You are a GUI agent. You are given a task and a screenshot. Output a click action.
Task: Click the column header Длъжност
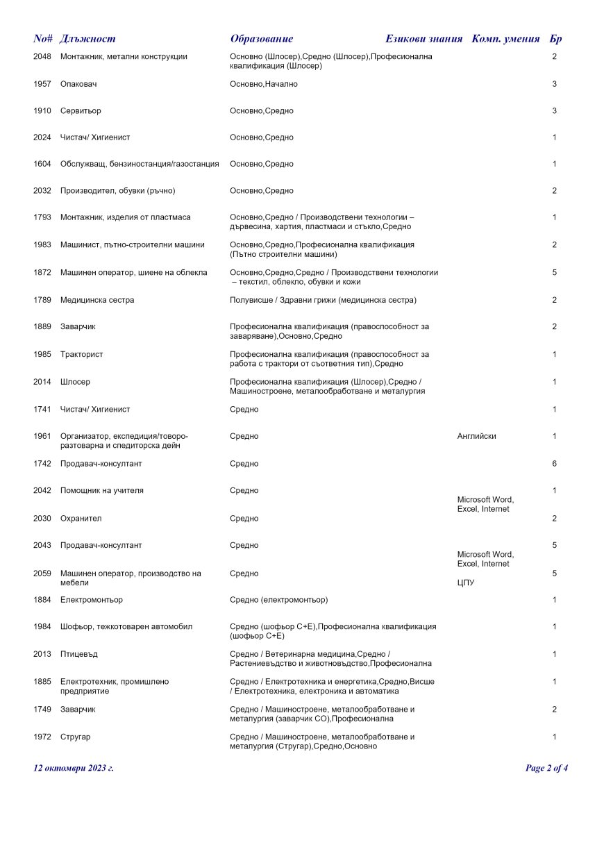pyautogui.click(x=87, y=39)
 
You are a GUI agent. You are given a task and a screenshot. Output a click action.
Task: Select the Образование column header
pyautogui.click(x=261, y=39)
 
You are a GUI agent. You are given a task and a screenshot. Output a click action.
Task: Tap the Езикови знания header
pyautogui.click(x=423, y=39)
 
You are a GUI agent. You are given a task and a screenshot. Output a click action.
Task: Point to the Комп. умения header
pyautogui.click(x=505, y=39)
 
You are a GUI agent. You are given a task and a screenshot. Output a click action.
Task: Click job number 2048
pyautogui.click(x=42, y=56)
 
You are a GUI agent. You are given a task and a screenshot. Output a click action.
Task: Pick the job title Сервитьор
pyautogui.click(x=81, y=111)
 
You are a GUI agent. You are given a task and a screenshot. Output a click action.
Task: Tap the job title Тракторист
pyautogui.click(x=81, y=355)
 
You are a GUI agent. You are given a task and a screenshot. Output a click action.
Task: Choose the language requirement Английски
pyautogui.click(x=477, y=436)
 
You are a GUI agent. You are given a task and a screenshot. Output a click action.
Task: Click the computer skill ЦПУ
pyautogui.click(x=466, y=583)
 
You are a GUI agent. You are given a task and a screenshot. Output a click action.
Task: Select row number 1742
pyautogui.click(x=42, y=463)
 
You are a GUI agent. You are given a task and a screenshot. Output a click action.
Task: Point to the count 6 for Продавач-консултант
pyautogui.click(x=554, y=463)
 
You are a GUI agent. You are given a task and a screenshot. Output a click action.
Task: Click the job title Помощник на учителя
pyautogui.click(x=102, y=490)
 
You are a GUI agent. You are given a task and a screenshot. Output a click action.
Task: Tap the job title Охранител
pyautogui.click(x=83, y=518)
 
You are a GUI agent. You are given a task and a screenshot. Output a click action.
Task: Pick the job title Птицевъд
pyautogui.click(x=80, y=654)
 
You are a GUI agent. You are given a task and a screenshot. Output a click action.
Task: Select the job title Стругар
pyautogui.click(x=75, y=737)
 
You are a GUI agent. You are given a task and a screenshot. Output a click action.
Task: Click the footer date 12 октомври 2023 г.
pyautogui.click(x=74, y=768)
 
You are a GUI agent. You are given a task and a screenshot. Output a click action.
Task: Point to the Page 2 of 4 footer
pyautogui.click(x=547, y=768)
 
